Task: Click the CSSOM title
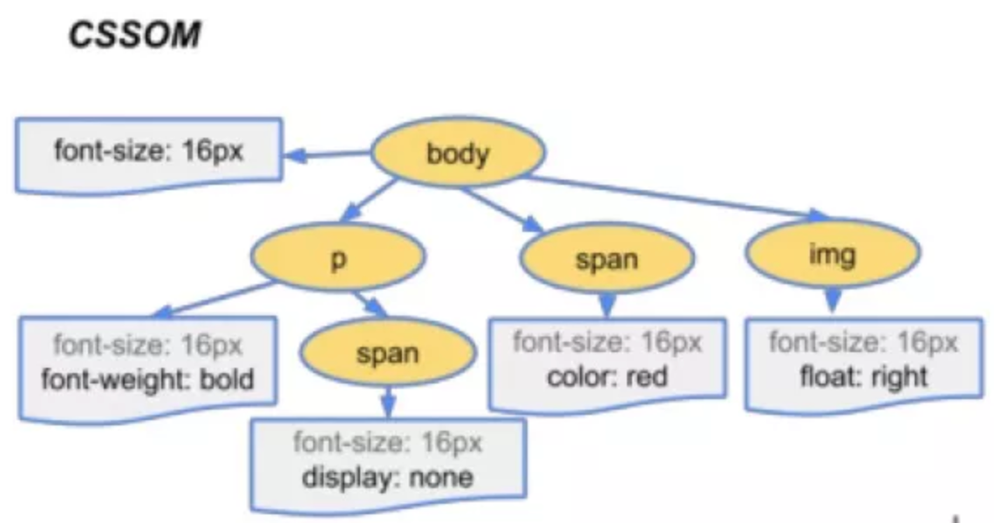tap(134, 34)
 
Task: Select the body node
tap(458, 153)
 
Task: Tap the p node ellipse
tap(338, 257)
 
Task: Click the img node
tap(833, 253)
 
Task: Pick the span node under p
tap(387, 352)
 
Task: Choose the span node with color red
tap(607, 258)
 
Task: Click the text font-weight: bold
tap(147, 379)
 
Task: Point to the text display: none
tap(387, 477)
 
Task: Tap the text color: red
tap(607, 377)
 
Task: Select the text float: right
tap(863, 377)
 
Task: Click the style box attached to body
tap(149, 154)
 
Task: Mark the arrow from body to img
tap(677, 199)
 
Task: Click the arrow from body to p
tap(370, 200)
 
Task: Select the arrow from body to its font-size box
tap(327, 154)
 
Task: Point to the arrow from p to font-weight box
tap(214, 299)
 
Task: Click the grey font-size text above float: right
tap(863, 343)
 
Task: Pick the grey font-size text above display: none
tap(387, 442)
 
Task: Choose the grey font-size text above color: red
tap(607, 343)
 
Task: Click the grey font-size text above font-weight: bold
tap(147, 345)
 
